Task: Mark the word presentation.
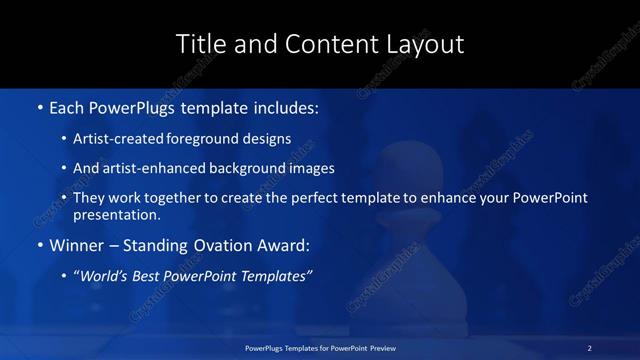(117, 214)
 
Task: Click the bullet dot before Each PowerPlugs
(38, 105)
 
